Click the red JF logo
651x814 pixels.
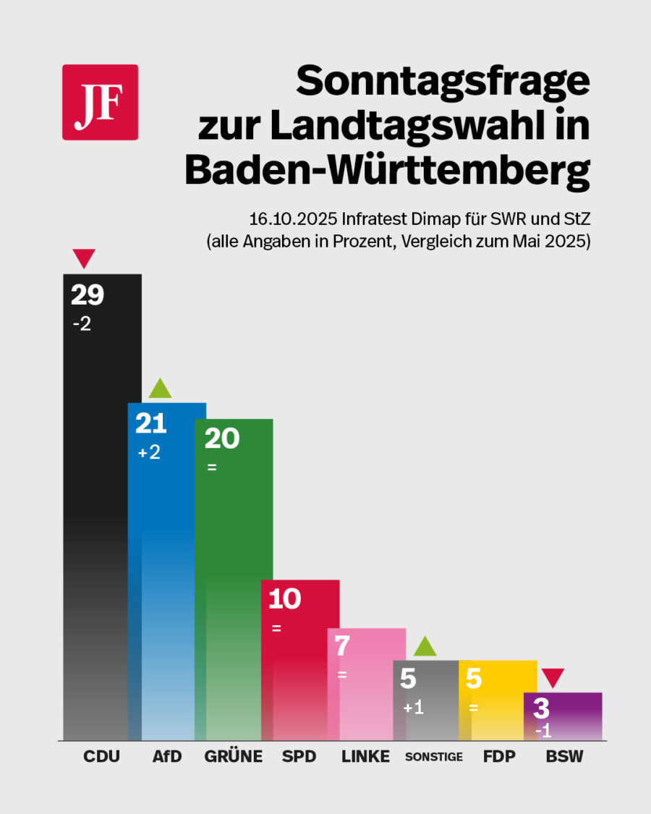tap(100, 102)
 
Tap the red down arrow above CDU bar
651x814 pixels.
tap(84, 257)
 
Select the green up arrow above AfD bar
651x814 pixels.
tap(160, 389)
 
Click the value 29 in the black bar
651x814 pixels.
tap(88, 294)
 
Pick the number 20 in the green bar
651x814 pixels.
tap(221, 438)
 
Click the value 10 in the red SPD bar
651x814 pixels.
tap(284, 599)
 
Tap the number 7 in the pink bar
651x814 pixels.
tap(342, 646)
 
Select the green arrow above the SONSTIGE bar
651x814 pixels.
tap(425, 646)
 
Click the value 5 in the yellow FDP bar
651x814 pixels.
tap(474, 679)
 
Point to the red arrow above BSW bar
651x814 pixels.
tap(553, 678)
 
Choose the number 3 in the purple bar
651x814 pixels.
tap(541, 708)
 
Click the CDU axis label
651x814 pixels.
tap(102, 757)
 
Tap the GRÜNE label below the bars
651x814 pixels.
tap(233, 757)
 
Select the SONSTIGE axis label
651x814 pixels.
tap(433, 758)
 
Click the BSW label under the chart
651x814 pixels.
tap(564, 757)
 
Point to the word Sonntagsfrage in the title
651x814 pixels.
tap(443, 80)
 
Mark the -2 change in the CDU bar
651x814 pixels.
tap(82, 325)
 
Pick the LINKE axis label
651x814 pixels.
tap(365, 757)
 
